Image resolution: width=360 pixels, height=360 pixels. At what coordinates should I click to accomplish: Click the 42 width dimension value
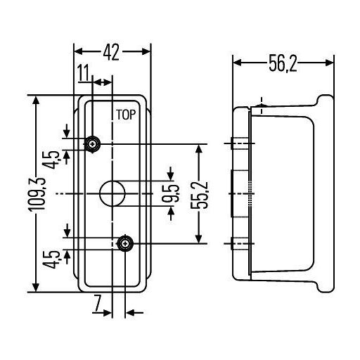(112, 52)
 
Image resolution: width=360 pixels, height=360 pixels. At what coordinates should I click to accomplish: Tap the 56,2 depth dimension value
(283, 63)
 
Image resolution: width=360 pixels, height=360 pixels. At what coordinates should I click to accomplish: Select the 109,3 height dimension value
(37, 194)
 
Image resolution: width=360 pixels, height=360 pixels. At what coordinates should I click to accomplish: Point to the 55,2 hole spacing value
(199, 194)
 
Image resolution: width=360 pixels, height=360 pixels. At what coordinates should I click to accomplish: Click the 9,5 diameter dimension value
(171, 193)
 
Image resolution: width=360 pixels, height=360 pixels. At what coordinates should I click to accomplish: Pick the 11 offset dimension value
(84, 72)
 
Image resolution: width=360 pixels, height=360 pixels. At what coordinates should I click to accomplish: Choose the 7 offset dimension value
(97, 303)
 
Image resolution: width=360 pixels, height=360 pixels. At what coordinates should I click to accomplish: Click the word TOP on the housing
(126, 115)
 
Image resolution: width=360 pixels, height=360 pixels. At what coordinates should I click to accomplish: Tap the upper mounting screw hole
(93, 144)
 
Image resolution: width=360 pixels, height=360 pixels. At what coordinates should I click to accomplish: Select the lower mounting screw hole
(125, 244)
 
